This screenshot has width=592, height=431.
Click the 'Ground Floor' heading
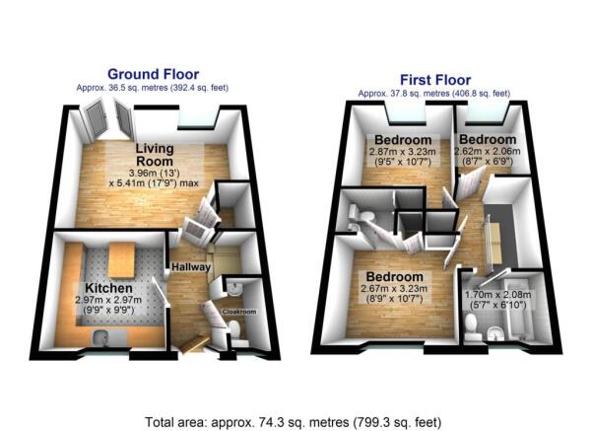153,74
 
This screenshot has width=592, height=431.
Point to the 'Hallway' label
188,267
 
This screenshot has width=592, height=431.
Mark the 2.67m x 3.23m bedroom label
394,276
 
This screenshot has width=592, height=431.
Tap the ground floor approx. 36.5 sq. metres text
153,88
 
